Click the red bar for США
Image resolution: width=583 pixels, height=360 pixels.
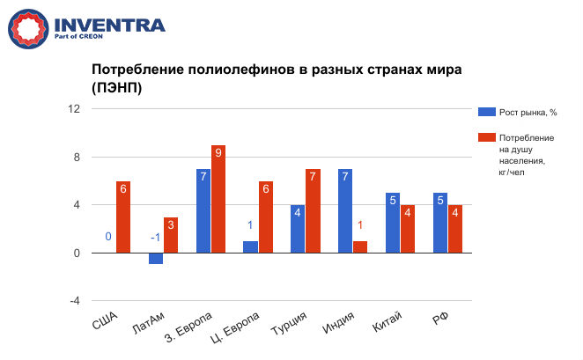(123, 217)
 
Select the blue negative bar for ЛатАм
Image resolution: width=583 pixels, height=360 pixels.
(155, 258)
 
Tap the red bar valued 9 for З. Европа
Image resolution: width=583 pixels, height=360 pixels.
(218, 199)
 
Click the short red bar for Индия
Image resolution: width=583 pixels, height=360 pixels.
(359, 247)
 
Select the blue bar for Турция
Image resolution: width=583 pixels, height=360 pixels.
(298, 229)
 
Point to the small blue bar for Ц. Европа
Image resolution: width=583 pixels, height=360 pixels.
(250, 247)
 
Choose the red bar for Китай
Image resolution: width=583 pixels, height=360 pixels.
(407, 229)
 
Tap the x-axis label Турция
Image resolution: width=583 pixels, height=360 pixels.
(287, 327)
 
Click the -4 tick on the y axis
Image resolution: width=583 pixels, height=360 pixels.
(75, 301)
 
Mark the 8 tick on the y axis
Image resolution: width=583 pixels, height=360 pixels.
(76, 158)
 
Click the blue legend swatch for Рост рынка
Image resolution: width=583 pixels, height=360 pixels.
(485, 112)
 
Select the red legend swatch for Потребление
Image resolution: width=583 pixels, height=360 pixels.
(485, 138)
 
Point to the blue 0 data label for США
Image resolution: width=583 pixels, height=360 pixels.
(107, 237)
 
